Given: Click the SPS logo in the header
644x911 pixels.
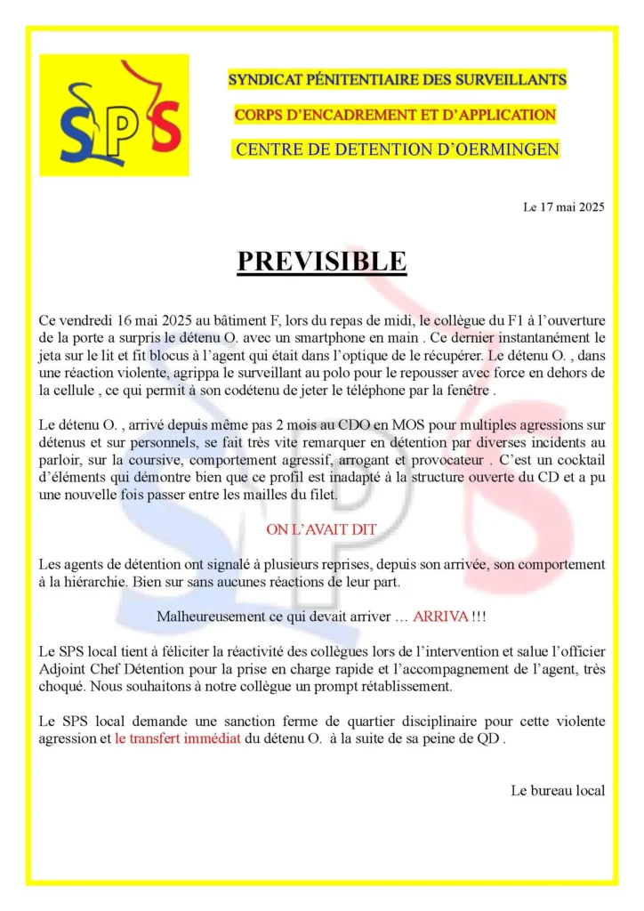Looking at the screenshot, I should click(x=114, y=115).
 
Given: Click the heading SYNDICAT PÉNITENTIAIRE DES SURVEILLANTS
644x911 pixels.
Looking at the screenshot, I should click(x=397, y=79).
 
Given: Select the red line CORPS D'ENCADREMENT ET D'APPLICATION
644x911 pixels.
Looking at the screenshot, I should click(x=395, y=115).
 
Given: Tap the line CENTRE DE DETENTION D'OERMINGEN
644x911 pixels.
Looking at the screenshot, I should click(x=397, y=149).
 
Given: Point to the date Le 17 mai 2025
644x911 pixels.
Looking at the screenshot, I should click(x=564, y=207).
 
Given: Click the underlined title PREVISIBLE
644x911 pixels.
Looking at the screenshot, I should click(x=321, y=262).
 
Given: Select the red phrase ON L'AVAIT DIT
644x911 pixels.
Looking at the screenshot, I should click(x=321, y=529).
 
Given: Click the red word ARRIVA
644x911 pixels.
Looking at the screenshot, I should click(x=440, y=617).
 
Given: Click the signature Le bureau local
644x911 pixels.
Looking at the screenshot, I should click(x=558, y=790).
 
